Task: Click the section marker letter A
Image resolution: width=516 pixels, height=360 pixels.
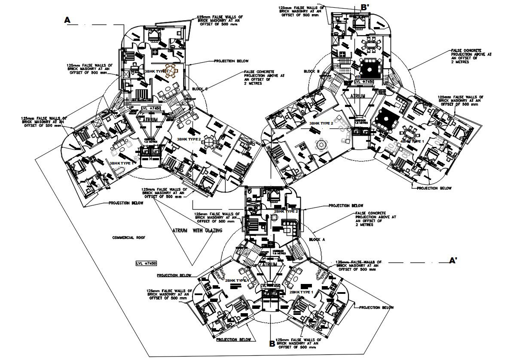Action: pyautogui.click(x=67, y=20)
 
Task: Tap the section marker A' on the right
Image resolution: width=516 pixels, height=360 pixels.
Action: pyautogui.click(x=453, y=260)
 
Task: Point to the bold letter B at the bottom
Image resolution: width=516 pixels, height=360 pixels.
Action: pyautogui.click(x=272, y=343)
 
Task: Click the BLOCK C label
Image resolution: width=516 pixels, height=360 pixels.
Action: pyautogui.click(x=200, y=89)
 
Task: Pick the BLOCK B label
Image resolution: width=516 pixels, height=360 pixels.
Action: pyautogui.click(x=312, y=71)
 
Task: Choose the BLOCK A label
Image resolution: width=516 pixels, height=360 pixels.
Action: pyautogui.click(x=318, y=239)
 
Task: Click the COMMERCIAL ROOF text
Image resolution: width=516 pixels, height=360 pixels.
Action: pyautogui.click(x=128, y=238)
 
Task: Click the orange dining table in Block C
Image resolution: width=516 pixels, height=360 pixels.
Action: pyautogui.click(x=172, y=71)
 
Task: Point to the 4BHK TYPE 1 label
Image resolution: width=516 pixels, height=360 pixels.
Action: pyautogui.click(x=412, y=140)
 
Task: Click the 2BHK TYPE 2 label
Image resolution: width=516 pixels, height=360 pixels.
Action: pyautogui.click(x=286, y=211)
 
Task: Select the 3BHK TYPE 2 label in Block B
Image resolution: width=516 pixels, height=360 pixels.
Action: pyautogui.click(x=321, y=123)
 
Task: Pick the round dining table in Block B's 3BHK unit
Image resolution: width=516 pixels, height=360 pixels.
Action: pyautogui.click(x=321, y=144)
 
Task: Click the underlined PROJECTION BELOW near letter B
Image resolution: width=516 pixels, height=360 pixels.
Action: pyautogui.click(x=234, y=339)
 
